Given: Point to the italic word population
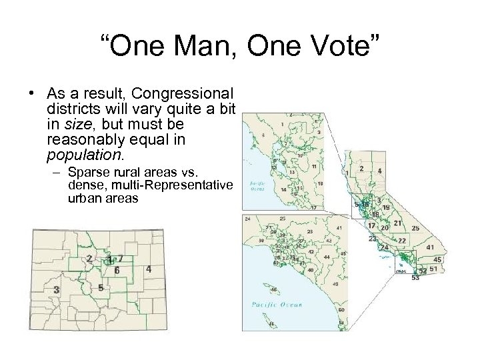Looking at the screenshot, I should pos(84,155).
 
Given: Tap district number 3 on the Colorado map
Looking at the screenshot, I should pos(57,290).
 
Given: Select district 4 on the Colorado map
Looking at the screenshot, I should pos(148,269).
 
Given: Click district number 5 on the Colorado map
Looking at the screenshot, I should pos(100,288).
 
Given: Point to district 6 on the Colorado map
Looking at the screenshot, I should pos(117,271).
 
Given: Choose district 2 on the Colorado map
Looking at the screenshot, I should pos(89,259).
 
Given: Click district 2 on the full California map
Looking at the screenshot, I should pos(361,169).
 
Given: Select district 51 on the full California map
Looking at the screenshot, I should pos(433,269).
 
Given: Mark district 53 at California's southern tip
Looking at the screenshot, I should pos(415,278).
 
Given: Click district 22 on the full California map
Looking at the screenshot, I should pos(402,241).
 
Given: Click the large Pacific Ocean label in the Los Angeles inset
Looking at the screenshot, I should pos(277,305).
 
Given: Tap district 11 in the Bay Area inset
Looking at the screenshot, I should pos(313,166).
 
